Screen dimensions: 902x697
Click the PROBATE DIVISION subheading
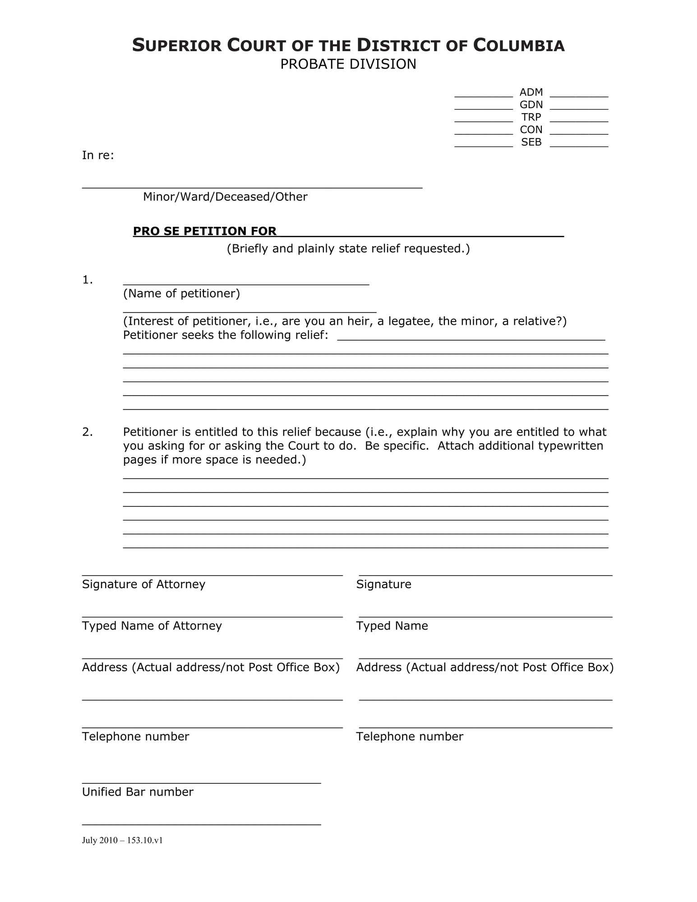click(348, 64)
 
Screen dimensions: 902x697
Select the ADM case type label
click(531, 92)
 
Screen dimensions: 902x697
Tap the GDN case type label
click(531, 105)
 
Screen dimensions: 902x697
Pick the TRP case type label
click(531, 117)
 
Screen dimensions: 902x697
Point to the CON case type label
click(531, 130)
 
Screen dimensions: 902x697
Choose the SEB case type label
click(531, 142)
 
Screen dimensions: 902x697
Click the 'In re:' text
click(98, 156)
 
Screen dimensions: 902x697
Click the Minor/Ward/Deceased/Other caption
click(225, 197)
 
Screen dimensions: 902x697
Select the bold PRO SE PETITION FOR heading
click(204, 231)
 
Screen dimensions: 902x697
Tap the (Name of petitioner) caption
click(181, 294)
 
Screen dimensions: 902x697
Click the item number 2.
click(88, 432)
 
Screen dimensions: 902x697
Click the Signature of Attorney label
click(143, 584)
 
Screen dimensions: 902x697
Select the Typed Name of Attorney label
click(152, 626)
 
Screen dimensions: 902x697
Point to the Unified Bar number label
click(138, 792)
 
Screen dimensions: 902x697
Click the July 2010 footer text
click(122, 840)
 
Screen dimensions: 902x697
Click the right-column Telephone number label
click(409, 736)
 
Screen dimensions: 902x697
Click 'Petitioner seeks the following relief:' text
click(226, 336)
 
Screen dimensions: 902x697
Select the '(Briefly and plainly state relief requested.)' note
click(348, 249)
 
